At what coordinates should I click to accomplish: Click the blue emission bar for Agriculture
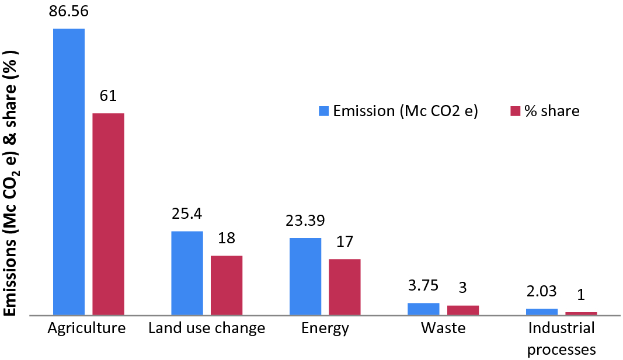tap(69, 172)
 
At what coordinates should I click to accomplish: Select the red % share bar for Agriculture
tap(109, 214)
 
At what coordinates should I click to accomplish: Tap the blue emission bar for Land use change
tap(187, 273)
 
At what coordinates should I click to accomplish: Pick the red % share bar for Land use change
tap(227, 285)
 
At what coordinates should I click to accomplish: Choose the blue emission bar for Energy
tap(305, 277)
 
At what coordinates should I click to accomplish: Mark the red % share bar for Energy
tap(344, 287)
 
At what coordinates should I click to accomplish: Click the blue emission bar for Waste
tap(423, 309)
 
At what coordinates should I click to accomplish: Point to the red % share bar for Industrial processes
tap(581, 314)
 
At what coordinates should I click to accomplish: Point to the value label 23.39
tap(305, 222)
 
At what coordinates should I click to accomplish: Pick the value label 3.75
tap(423, 287)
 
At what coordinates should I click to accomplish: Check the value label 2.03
tap(541, 292)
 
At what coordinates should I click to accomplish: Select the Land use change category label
tap(207, 328)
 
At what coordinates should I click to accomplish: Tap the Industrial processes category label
tap(561, 338)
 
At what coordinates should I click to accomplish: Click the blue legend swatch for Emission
tap(324, 111)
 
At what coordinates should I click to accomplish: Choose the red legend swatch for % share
tap(515, 111)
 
